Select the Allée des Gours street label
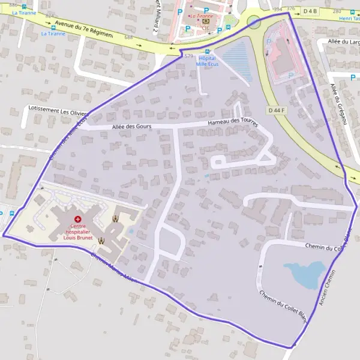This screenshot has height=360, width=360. [x=131, y=126]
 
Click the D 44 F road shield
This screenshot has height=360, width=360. [x=277, y=110]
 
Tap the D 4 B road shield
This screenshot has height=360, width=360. [x=310, y=11]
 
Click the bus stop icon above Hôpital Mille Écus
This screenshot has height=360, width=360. [x=208, y=52]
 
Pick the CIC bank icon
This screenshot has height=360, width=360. [x=205, y=21]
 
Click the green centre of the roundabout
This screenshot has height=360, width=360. [x=254, y=22]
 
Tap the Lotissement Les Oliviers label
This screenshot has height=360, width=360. [x=58, y=110]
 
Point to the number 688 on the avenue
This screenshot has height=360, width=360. [x=128, y=37]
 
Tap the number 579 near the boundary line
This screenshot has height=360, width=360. [x=189, y=56]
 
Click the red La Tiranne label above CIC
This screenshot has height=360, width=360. [x=202, y=16]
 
